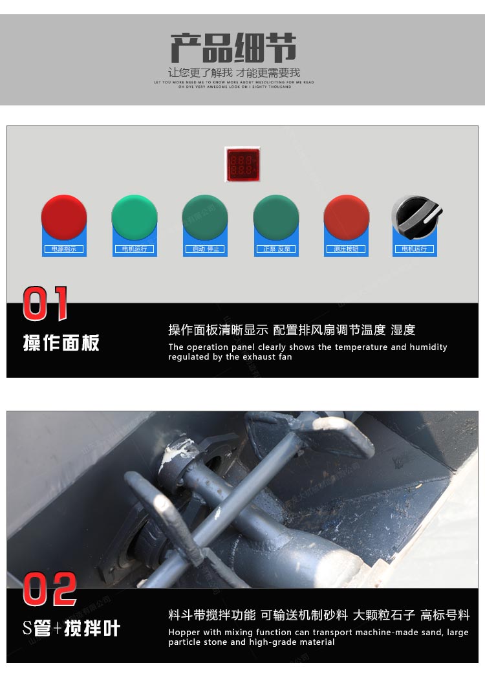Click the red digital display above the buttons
(x=242, y=164)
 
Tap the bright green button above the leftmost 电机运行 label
(x=135, y=217)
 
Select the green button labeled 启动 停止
(x=205, y=217)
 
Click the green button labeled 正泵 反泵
(x=276, y=217)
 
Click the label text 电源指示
(x=64, y=249)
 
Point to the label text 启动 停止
(x=205, y=249)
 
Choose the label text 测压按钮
(x=347, y=249)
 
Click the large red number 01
(x=45, y=304)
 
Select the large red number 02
(x=50, y=590)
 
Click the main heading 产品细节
(x=233, y=49)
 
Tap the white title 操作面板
(x=61, y=343)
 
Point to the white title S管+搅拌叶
(x=71, y=628)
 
